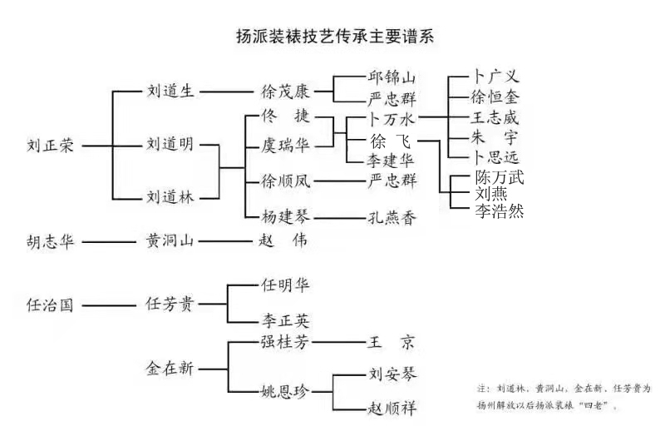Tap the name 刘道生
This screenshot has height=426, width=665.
tap(170, 92)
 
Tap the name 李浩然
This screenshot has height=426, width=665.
tap(500, 211)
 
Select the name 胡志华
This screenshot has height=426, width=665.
tap(51, 242)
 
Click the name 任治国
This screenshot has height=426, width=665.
tap(51, 305)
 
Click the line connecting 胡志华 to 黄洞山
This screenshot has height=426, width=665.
tap(108, 243)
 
